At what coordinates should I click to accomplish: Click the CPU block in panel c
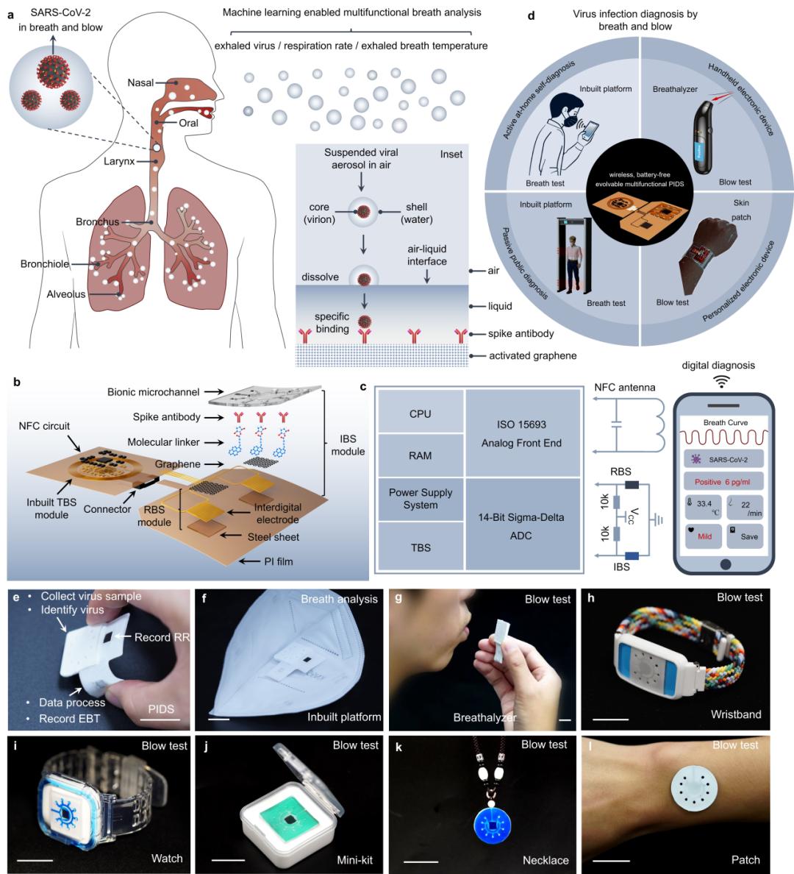tap(420, 414)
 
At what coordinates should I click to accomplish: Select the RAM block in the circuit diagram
tap(420, 455)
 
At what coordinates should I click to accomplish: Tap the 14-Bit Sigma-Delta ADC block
tap(521, 526)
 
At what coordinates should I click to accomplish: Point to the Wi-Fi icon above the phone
tap(723, 381)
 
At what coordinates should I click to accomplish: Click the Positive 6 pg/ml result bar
tap(724, 482)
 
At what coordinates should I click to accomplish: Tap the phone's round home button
tap(725, 564)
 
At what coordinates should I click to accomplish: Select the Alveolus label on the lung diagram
tap(66, 294)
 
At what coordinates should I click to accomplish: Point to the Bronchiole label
tap(45, 264)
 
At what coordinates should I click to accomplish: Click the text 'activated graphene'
tap(532, 356)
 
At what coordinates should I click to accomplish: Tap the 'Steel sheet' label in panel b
tap(274, 537)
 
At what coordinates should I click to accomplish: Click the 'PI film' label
tap(279, 561)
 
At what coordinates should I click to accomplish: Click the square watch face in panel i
tap(67, 803)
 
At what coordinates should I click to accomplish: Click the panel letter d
tap(532, 15)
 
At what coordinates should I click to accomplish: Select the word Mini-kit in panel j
tap(354, 859)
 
